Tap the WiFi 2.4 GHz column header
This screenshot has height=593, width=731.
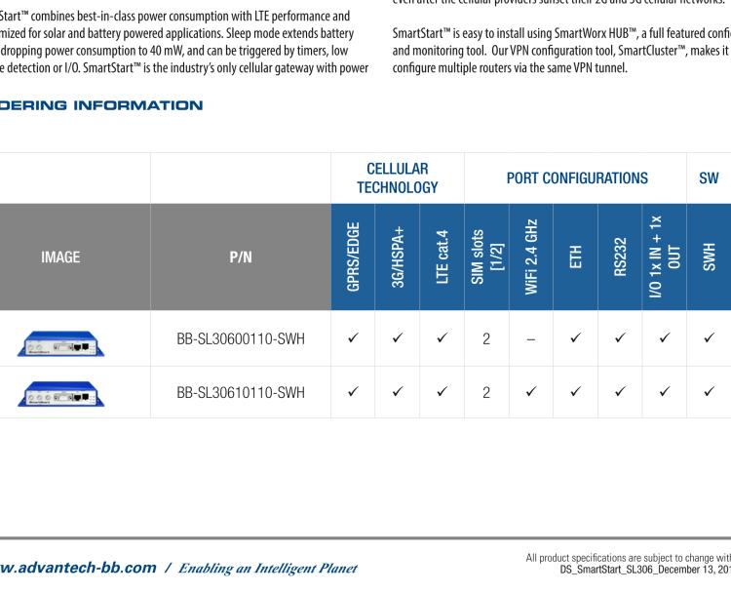point(530,257)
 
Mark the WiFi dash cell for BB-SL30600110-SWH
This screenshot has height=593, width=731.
point(530,339)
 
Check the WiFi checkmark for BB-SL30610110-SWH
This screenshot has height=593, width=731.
point(530,394)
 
